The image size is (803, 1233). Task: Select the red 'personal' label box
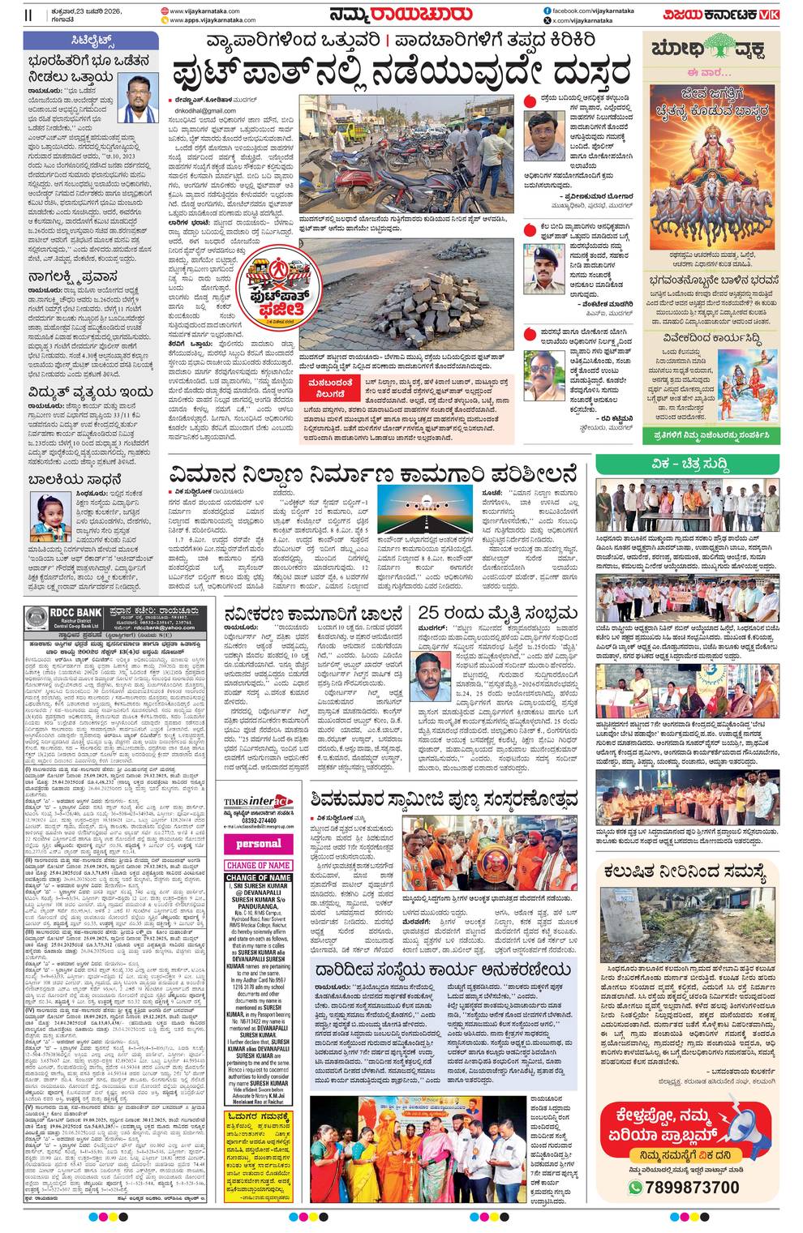[x=258, y=844]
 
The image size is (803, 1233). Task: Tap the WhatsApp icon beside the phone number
[x=635, y=1188]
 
